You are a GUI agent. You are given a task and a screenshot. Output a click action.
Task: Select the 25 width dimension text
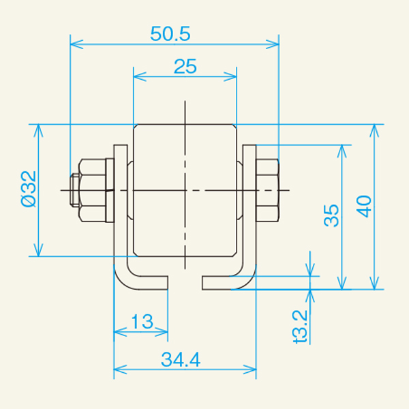click(x=185, y=66)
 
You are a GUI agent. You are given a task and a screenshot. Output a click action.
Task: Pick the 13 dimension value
click(x=140, y=321)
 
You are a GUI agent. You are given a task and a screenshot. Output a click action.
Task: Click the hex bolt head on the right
click(x=267, y=190)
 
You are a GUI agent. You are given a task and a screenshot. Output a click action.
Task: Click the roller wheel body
click(x=185, y=190)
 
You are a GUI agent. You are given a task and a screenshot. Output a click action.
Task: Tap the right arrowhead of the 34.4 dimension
click(x=252, y=370)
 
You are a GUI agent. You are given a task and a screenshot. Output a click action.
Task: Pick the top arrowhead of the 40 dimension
click(x=373, y=129)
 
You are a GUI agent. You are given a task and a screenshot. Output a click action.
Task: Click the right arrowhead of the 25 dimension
click(x=232, y=76)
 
